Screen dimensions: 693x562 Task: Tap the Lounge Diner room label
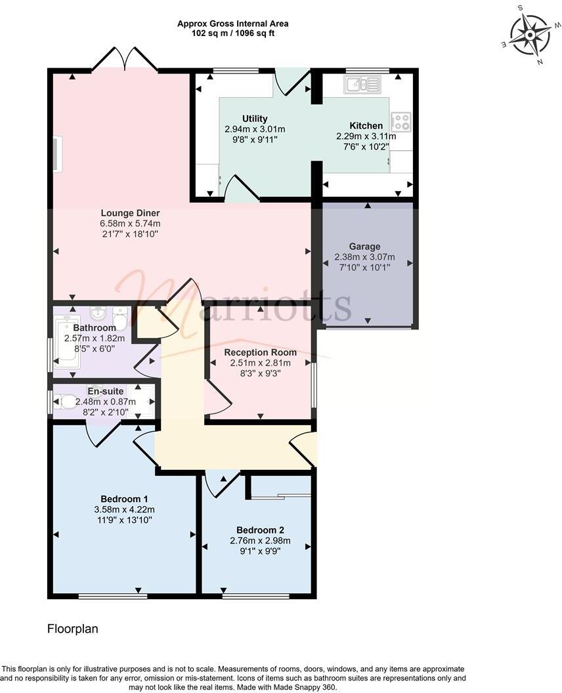(130, 213)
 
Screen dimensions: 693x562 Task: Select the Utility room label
(255, 119)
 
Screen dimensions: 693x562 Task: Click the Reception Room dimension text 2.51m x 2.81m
(260, 363)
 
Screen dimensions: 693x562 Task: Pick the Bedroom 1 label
(123, 497)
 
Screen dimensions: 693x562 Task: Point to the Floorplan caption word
(73, 629)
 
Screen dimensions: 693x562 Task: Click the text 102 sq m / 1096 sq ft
(232, 33)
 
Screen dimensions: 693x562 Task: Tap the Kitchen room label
(366, 126)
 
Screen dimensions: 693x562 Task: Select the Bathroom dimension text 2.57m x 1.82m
(95, 339)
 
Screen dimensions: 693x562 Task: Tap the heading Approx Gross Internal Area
(232, 24)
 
